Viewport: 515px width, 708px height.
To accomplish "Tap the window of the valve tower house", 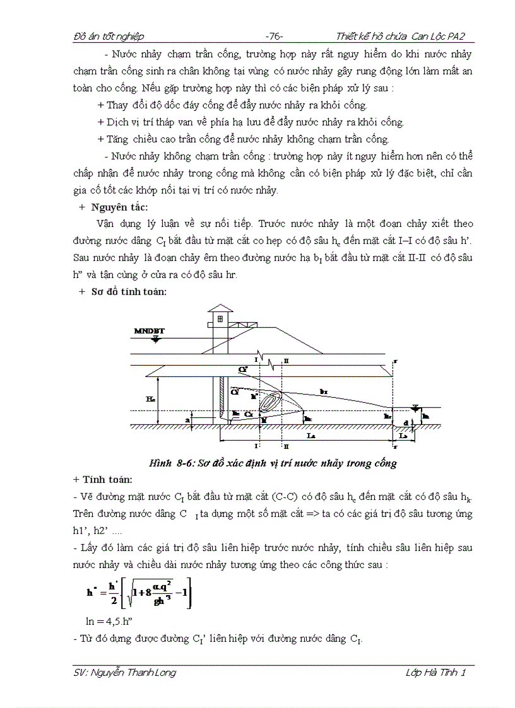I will coord(220,319).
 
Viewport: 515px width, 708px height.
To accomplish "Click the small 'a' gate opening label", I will coord(187,418).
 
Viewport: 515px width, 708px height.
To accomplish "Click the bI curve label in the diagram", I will coord(324,392).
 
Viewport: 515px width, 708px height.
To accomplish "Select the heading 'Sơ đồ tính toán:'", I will coord(129,291).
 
